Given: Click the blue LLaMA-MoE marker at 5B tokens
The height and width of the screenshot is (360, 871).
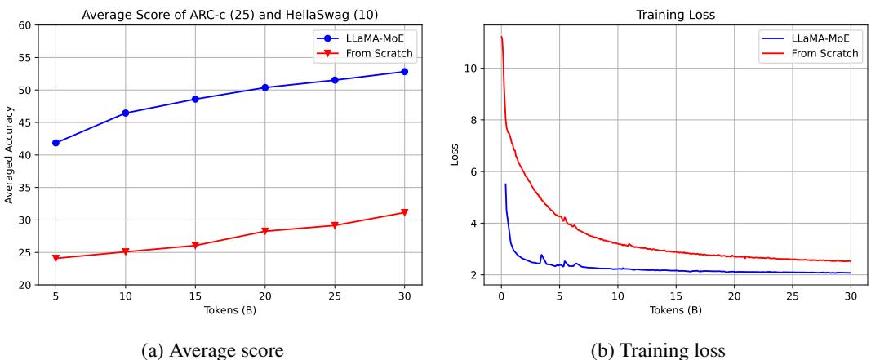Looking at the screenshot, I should coord(56,143).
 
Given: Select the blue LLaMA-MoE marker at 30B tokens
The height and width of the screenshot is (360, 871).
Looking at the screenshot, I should coord(403,72).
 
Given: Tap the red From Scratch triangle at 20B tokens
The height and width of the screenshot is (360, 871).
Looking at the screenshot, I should coord(264,232).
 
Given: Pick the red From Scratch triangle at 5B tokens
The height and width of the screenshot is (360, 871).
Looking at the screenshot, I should coord(56,259).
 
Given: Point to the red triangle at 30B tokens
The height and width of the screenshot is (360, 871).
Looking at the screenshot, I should coord(403,213).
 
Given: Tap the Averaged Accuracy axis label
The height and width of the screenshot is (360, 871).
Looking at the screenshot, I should coord(10,155).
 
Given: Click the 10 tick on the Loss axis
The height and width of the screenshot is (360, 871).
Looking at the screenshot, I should coord(470,68).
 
